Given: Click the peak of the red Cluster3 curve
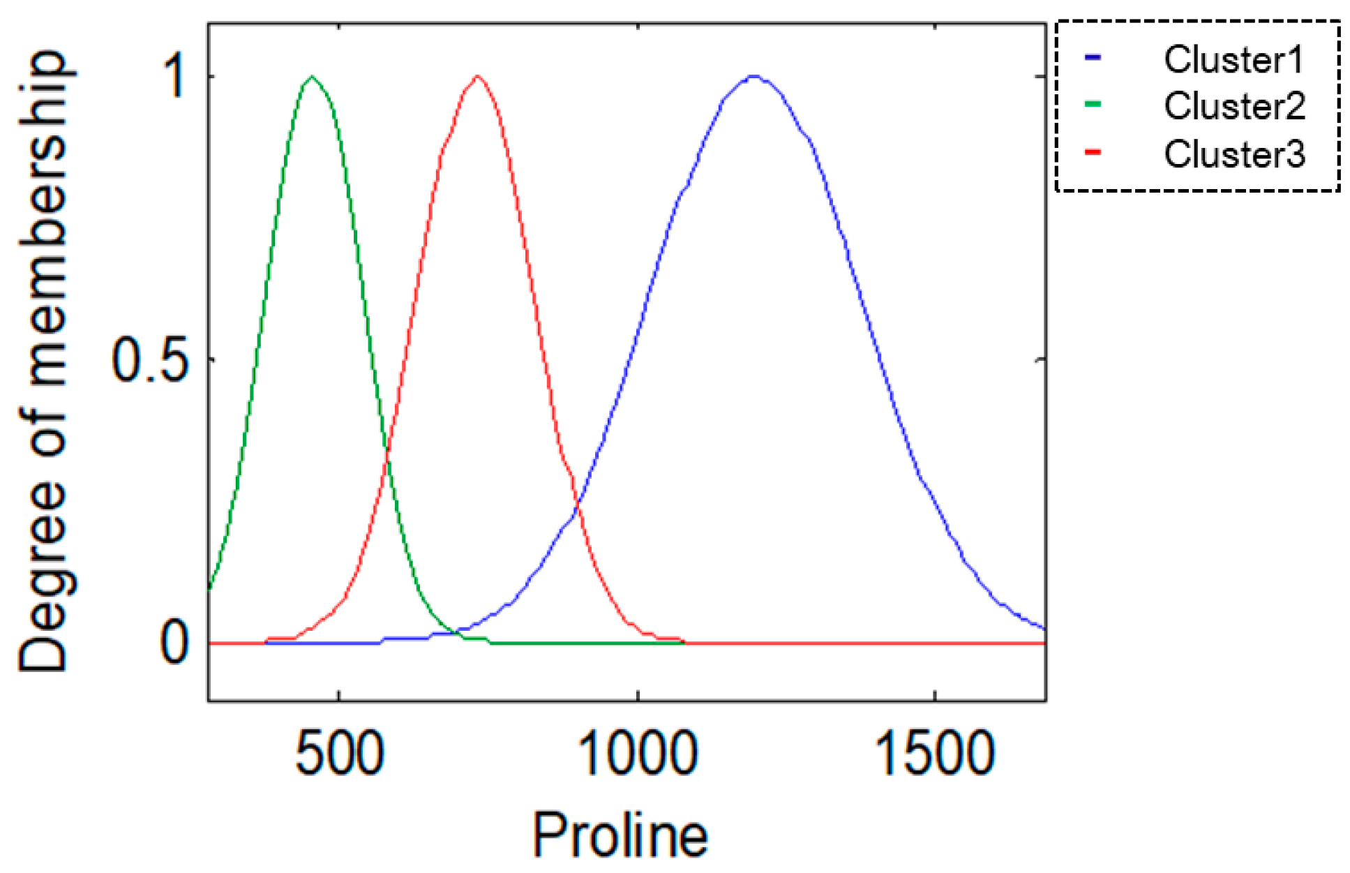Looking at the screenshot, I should click(x=477, y=76).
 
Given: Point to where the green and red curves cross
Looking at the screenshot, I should click(x=387, y=457).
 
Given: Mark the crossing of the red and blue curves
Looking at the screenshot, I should click(x=576, y=505).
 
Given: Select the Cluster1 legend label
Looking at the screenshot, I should click(x=1233, y=59).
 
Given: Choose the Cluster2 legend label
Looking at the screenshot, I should click(x=1233, y=106).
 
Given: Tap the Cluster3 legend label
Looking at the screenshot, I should click(x=1233, y=154).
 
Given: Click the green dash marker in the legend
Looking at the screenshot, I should click(x=1093, y=105).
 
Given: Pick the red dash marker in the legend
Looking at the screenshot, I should click(x=1093, y=152).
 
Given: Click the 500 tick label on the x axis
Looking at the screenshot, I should click(x=339, y=754).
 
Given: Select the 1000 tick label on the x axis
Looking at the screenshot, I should click(x=638, y=754).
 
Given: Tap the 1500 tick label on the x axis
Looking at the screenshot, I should click(x=934, y=754).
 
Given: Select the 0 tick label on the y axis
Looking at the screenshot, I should click(x=174, y=643).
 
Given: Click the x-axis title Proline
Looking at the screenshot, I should click(x=620, y=835).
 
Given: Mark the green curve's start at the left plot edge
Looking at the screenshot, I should click(x=210, y=588).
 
